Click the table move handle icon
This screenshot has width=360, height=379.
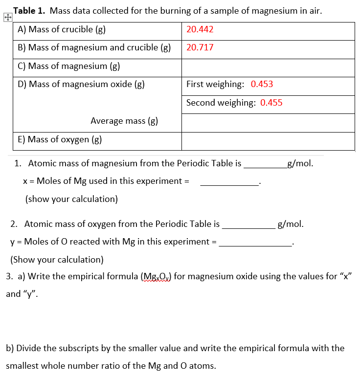(7, 18)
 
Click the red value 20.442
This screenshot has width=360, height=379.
(200, 29)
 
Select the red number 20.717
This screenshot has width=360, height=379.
(200, 47)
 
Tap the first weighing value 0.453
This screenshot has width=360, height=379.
(262, 84)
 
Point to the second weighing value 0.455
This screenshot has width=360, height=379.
(271, 103)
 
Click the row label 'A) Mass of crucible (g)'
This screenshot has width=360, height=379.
(62, 29)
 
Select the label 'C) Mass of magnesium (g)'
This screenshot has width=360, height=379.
(69, 66)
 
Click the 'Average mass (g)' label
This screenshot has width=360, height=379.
(124, 121)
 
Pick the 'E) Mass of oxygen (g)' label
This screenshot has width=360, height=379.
(60, 139)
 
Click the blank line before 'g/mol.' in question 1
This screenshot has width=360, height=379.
(265, 165)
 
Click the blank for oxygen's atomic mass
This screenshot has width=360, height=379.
(248, 226)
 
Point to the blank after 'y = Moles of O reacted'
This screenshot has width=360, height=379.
(255, 244)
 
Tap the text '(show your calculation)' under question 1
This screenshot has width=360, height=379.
(71, 199)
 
